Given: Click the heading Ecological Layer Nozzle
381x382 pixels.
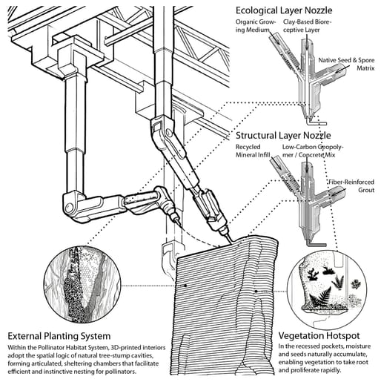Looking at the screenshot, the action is (x=284, y=10).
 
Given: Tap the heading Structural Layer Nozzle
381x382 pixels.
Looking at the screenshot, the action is (x=283, y=136).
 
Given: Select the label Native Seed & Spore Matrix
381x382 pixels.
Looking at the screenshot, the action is (x=346, y=64).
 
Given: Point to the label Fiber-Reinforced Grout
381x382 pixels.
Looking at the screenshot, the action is (x=351, y=186).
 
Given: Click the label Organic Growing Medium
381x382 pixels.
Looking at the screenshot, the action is (x=255, y=26).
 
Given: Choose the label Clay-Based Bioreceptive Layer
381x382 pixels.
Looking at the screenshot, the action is (x=307, y=26).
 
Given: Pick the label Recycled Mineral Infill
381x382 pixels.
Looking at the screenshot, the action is (x=253, y=151).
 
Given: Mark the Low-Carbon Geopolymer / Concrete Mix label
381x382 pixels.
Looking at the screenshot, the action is (x=313, y=151).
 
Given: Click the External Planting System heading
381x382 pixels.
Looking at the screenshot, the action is (x=59, y=336).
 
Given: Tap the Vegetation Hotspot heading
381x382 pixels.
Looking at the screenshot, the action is (x=319, y=336).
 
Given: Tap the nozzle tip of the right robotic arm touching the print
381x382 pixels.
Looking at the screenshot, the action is (x=231, y=240).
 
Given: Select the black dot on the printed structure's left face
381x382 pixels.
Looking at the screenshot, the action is (x=185, y=286).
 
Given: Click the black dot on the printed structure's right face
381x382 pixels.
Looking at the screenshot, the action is (x=256, y=292).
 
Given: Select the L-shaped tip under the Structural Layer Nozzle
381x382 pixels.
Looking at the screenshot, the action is (x=317, y=244).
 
